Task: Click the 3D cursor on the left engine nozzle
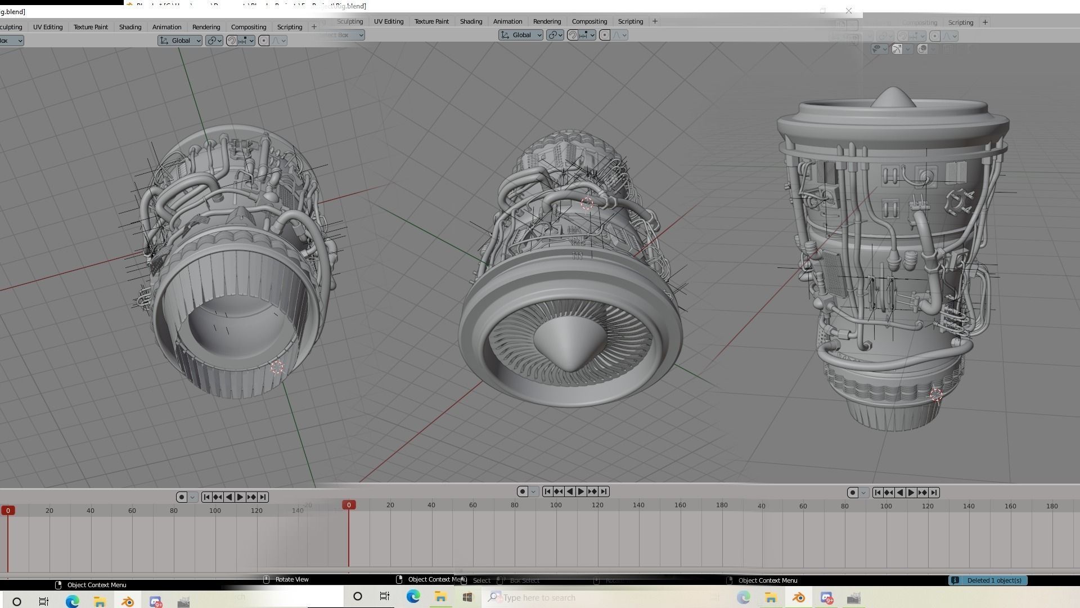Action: [277, 368]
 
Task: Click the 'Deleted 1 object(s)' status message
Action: [993, 580]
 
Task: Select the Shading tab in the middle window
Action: [471, 21]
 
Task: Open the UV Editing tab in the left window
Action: [48, 27]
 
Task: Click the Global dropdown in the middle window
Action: [521, 35]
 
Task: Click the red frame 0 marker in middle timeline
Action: [349, 505]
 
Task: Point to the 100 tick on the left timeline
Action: [215, 511]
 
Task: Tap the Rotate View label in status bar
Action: [291, 579]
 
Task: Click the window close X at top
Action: [849, 11]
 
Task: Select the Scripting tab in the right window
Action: [960, 23]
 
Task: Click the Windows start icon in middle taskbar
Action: [467, 597]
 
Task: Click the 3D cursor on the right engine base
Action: [936, 395]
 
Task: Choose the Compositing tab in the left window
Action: [249, 27]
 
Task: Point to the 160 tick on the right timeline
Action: [1010, 506]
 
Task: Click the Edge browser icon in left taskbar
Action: [73, 602]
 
